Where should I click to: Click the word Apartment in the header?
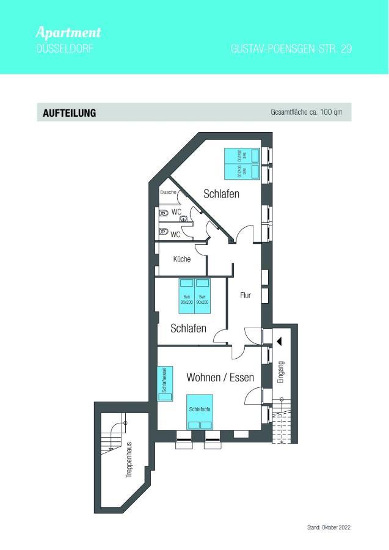pos(68,32)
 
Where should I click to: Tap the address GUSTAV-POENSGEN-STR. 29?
pos(291,49)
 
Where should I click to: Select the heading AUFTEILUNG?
pos(70,113)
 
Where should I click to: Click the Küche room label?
pos(182,259)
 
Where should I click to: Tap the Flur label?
pos(245,295)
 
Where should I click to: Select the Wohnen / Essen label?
pos(220,378)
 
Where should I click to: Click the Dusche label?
pos(169,193)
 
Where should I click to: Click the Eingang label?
pos(281,372)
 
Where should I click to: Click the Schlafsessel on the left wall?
pos(164,384)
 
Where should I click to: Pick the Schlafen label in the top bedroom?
pos(221,194)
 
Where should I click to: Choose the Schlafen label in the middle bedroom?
pos(188,328)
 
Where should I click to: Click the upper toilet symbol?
pos(163,214)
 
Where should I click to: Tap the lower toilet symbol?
pos(163,232)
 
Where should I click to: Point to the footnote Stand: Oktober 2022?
pos(329,527)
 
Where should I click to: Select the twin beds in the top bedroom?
pos(241,164)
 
